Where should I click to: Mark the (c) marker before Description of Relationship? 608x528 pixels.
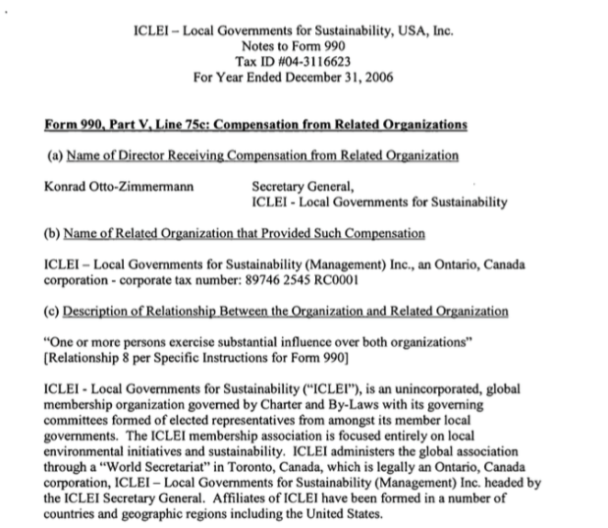coord(56,312)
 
